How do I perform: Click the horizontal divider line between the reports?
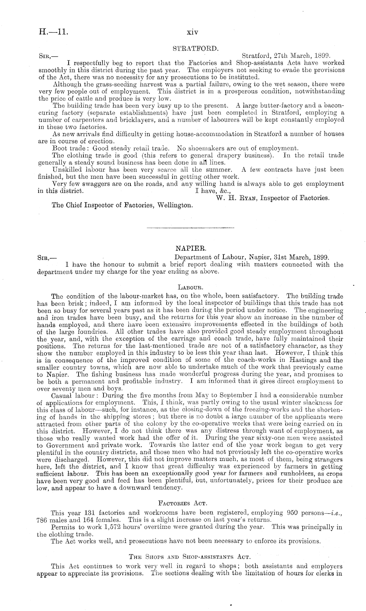(x=191, y=227)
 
